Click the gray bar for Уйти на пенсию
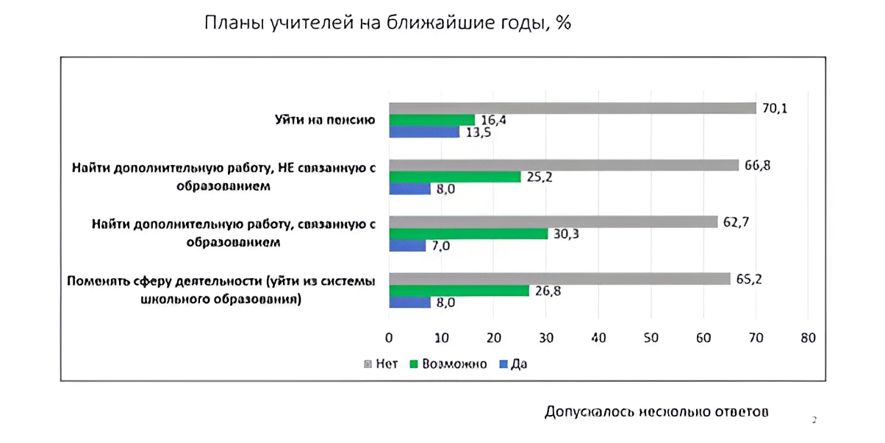(x=572, y=108)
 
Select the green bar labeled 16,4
(x=431, y=120)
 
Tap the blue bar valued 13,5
(x=424, y=132)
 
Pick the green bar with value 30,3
(x=468, y=233)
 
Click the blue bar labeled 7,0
(x=407, y=246)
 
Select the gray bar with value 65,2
(x=559, y=279)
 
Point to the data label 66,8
(x=757, y=165)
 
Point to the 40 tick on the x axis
(x=598, y=338)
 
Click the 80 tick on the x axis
(x=808, y=338)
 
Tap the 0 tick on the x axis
(x=389, y=338)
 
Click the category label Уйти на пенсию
(x=320, y=120)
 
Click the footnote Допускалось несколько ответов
(x=656, y=411)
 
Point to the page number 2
(x=814, y=420)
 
